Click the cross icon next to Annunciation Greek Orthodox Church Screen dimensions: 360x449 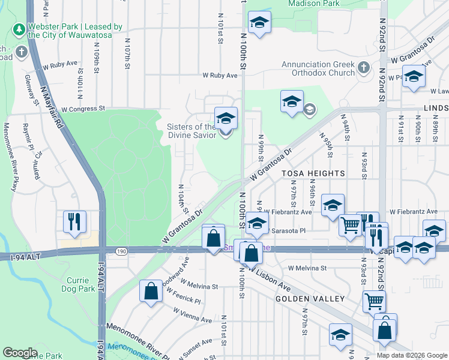363,67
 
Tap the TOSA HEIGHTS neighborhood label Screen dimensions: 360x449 313,173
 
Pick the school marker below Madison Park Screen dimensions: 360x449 259,24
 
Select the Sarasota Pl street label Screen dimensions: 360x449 289,230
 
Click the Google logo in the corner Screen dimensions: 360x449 20,353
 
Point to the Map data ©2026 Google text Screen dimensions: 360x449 412,355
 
